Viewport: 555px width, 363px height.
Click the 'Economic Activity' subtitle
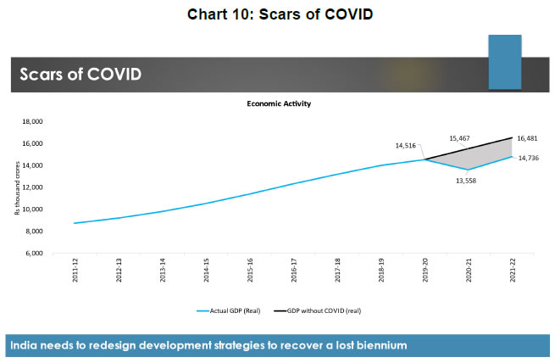277,104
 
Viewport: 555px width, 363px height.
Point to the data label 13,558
466,180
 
